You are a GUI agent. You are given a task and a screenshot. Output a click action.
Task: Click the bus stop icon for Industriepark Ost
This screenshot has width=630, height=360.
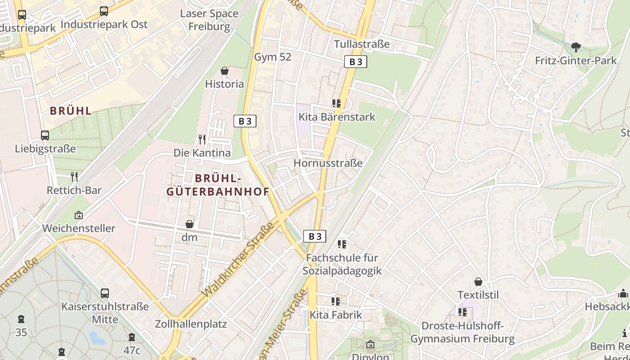[x=104, y=11]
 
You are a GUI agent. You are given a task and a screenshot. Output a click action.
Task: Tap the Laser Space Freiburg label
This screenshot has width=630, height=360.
[x=209, y=20]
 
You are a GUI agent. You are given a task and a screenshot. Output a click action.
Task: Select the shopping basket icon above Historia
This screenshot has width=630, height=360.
[x=225, y=71]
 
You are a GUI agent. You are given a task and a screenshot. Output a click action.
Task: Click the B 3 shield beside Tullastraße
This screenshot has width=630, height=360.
[x=355, y=62]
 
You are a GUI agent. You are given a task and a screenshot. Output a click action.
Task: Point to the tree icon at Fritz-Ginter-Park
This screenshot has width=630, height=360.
[x=576, y=47]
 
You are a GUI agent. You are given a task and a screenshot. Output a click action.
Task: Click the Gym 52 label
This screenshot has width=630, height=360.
[x=273, y=57]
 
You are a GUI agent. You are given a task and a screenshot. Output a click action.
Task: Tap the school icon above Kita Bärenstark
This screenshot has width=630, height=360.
[x=337, y=104]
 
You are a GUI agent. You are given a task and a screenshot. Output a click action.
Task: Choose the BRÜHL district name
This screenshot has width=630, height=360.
[x=71, y=111]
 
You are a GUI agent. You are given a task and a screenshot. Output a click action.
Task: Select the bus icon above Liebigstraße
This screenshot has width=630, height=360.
[x=45, y=135]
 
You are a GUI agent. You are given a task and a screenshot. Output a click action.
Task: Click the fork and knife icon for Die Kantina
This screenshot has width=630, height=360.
[x=202, y=139]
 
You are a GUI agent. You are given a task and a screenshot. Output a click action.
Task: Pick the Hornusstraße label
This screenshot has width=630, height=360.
[x=328, y=163]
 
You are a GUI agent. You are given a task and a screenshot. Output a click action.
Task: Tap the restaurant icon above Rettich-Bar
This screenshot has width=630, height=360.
[x=74, y=176]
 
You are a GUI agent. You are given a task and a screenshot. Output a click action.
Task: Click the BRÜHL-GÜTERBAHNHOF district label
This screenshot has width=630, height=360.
[x=218, y=185]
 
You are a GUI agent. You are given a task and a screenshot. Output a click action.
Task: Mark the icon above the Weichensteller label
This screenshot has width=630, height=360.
[x=79, y=215]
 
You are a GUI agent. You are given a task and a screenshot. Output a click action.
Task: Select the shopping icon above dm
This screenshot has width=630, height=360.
[x=189, y=224]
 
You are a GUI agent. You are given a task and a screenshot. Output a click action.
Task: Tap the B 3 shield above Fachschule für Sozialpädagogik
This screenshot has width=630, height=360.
[x=314, y=236]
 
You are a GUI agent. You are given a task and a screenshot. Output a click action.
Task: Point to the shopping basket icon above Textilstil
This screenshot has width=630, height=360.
[x=478, y=282]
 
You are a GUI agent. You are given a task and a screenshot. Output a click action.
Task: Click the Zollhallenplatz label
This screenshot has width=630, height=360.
[x=191, y=324]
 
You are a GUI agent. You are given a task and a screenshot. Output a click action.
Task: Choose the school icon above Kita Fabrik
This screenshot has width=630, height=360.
[x=336, y=301]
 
